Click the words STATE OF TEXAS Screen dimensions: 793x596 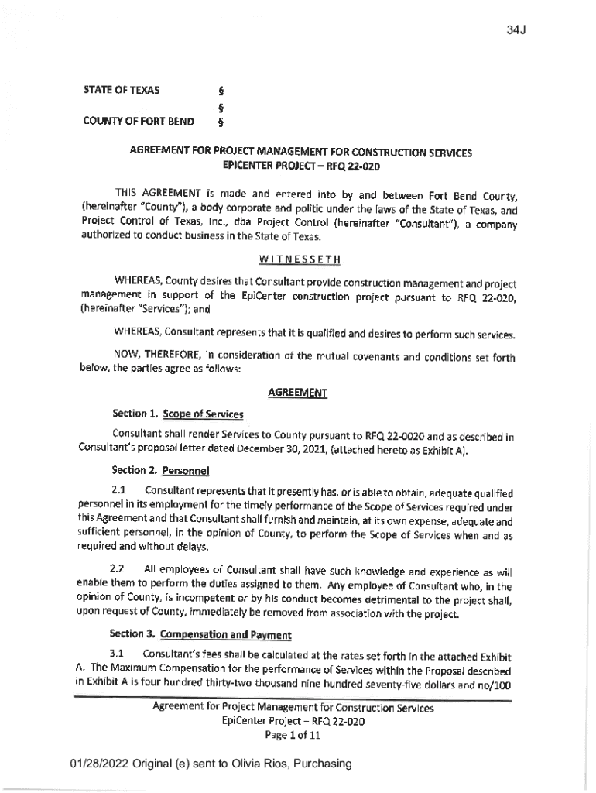coord(122,90)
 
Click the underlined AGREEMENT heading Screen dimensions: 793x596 coord(297,393)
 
